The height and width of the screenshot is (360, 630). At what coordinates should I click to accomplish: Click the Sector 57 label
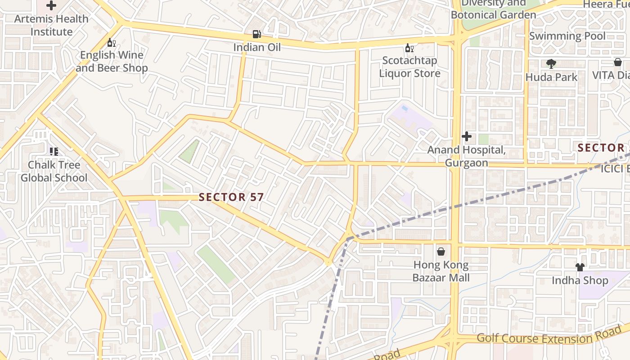pos(231,197)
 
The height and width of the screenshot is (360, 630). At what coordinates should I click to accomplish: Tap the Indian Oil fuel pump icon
pos(256,34)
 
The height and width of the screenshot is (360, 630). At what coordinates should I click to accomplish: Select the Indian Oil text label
pos(256,47)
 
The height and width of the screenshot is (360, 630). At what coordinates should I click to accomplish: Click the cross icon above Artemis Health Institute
pos(51,6)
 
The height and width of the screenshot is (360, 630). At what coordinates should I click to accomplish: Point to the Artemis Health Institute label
pos(51,25)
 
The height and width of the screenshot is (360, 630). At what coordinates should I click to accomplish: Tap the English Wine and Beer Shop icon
pos(111,43)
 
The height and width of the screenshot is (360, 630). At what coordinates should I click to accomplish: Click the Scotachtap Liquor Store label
pos(409,67)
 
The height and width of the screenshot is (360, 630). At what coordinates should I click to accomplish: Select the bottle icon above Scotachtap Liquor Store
pos(409,48)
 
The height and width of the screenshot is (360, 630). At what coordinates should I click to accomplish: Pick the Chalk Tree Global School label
pos(54,171)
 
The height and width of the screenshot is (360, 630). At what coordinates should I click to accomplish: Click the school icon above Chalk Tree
pos(54,152)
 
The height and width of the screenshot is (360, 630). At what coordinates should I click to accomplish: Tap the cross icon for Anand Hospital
pos(467,136)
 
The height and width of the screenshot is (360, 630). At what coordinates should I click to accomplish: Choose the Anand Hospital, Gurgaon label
pos(467,156)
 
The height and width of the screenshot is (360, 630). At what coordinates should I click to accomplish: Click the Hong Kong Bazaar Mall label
pos(441,271)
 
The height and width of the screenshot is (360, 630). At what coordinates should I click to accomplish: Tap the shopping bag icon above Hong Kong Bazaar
pos(441,252)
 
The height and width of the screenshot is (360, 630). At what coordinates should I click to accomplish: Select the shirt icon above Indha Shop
pos(580,267)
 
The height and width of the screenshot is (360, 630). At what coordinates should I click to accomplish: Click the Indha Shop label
pos(580,280)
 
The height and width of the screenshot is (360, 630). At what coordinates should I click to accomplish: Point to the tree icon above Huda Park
pos(551,64)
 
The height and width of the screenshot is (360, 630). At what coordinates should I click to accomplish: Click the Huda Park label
pos(551,77)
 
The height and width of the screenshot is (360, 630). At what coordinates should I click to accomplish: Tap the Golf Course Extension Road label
pos(549,337)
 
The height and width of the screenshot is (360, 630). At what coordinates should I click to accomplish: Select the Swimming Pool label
pos(567,36)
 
